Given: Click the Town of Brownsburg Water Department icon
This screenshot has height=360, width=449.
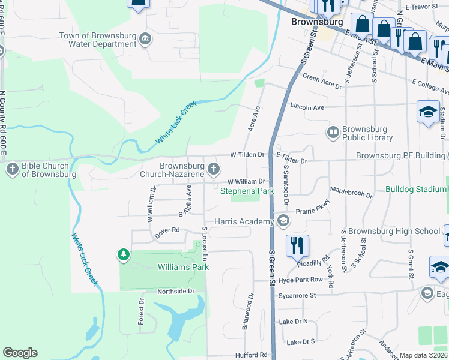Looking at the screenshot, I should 145,40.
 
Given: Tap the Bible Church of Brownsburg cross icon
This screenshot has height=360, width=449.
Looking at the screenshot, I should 12,170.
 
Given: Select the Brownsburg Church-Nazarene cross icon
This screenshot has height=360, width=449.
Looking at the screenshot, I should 213,170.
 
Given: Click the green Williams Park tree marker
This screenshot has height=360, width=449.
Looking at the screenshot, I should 124,256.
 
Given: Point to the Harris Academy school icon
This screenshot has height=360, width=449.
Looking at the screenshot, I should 283,222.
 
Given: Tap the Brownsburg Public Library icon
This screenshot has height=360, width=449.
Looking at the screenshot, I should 332,132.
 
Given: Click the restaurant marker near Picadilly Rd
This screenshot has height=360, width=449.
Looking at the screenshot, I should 298,246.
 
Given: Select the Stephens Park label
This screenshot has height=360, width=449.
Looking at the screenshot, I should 247,191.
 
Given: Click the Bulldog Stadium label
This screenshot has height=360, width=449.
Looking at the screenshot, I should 416,190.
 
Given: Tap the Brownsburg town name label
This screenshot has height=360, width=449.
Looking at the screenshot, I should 316,22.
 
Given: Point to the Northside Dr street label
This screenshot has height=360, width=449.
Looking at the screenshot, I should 176,292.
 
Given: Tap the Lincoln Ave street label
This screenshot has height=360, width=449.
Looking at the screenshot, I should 307,107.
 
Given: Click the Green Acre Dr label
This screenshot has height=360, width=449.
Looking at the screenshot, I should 322,78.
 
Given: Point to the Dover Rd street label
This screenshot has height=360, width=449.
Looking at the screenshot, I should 167,230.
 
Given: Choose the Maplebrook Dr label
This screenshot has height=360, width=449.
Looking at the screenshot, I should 351,194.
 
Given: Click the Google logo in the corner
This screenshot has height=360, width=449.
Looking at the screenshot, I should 20,353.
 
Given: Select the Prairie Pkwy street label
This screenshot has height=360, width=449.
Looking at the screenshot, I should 312,212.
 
